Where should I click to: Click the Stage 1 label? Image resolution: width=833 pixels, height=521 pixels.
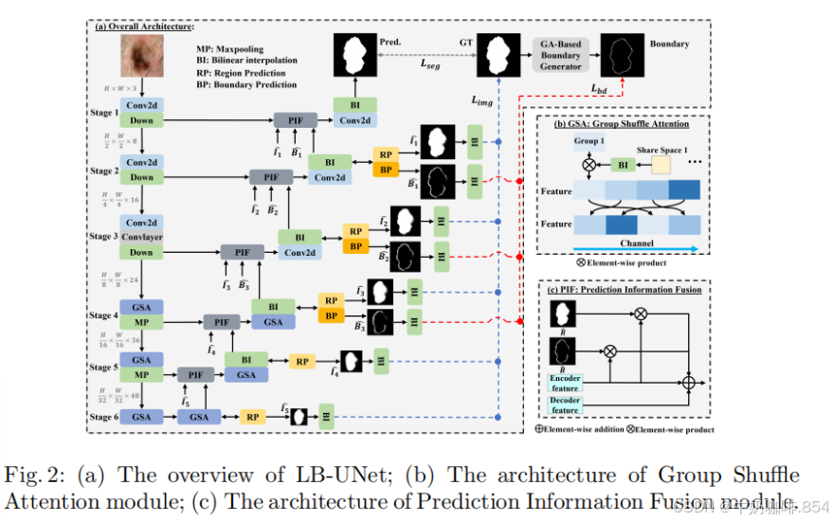[101, 112]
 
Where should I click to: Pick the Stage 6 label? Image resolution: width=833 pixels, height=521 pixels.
[101, 416]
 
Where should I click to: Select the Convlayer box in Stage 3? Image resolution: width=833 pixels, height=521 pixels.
[142, 237]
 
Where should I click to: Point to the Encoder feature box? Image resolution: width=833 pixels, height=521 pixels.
[565, 383]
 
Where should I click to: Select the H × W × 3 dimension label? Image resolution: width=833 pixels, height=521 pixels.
[119, 87]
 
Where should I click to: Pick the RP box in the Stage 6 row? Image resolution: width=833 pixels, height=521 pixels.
[252, 416]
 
